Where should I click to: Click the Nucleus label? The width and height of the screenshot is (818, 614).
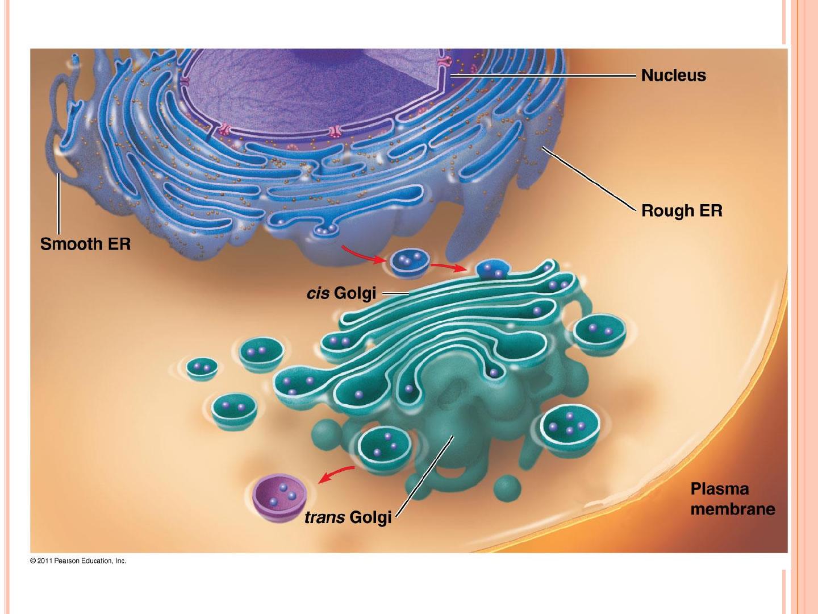(673, 76)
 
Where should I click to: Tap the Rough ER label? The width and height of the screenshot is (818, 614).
(682, 211)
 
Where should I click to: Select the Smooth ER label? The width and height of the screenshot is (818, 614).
(85, 244)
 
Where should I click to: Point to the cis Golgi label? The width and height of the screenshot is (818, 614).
(341, 293)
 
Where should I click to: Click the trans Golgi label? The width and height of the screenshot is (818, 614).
(348, 517)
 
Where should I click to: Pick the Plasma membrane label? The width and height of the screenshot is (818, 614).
(733, 499)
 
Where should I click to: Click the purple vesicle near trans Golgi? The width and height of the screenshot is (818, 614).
(279, 493)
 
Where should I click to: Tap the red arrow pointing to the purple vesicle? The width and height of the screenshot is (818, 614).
(336, 472)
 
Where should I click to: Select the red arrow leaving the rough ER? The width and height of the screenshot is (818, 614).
(362, 254)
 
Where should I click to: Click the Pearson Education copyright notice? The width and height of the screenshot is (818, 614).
(78, 561)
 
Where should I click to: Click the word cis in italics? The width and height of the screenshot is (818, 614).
(318, 293)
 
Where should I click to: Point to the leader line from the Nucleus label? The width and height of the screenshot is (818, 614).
(542, 75)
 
